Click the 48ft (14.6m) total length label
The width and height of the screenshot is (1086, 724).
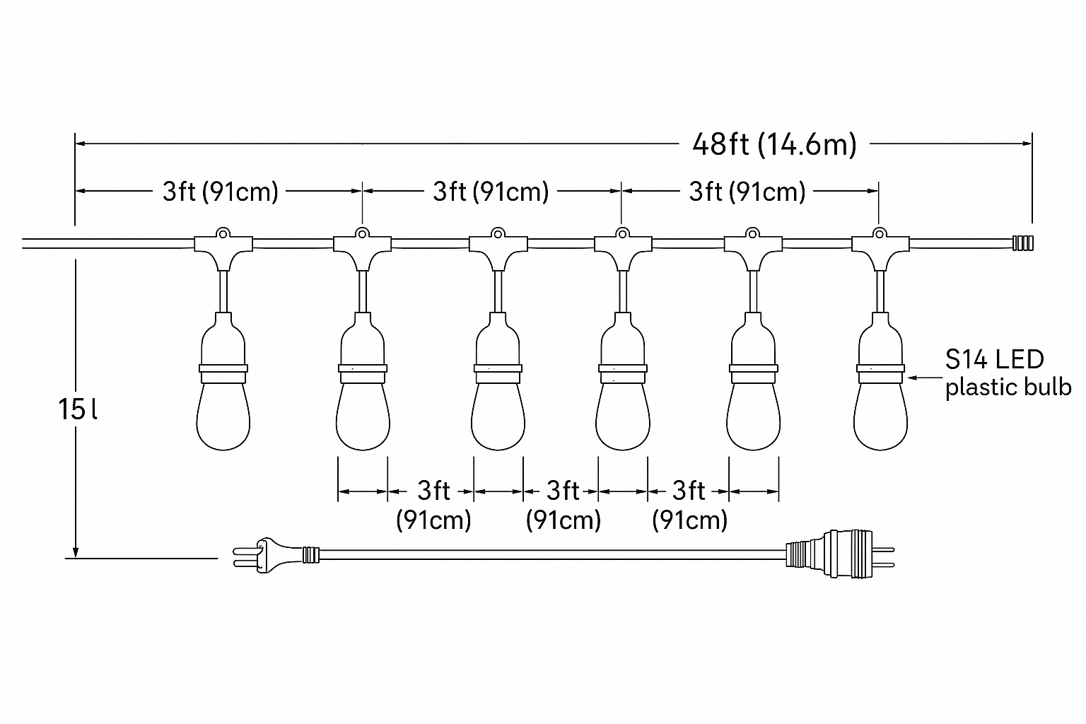[774, 144]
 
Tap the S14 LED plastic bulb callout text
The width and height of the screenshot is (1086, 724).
[1007, 373]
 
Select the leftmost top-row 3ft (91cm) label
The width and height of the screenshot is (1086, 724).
[220, 192]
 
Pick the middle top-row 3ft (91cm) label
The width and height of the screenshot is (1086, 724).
[491, 192]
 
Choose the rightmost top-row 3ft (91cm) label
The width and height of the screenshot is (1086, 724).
[747, 192]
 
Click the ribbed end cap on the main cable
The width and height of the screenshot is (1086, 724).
[1022, 243]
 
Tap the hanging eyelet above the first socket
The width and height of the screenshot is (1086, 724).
[223, 231]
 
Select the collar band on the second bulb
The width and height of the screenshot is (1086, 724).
[362, 368]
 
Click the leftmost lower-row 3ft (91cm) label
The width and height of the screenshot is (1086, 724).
[433, 505]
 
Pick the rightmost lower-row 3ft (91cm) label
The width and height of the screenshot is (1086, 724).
[689, 505]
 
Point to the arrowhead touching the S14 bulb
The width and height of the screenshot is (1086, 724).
[912, 378]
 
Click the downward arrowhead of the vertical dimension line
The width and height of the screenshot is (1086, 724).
[74, 551]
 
